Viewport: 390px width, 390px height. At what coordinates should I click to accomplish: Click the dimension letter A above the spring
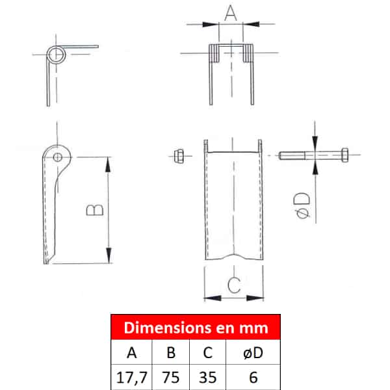231,13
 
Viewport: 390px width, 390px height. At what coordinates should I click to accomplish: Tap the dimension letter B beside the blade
95,210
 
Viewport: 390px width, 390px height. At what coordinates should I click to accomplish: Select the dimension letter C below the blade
234,285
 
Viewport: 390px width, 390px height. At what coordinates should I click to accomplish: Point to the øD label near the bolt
302,205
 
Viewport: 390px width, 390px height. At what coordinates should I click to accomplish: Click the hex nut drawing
179,156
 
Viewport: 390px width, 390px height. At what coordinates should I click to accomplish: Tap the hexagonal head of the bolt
344,155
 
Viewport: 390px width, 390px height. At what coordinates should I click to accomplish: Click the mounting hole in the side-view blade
58,157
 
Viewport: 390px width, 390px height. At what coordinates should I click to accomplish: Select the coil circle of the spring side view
56,55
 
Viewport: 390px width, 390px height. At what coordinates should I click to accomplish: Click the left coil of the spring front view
214,53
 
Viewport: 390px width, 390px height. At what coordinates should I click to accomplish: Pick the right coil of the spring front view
248,53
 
